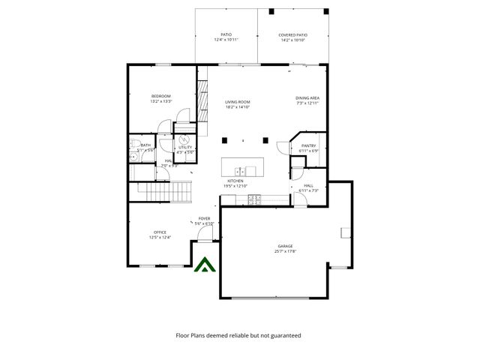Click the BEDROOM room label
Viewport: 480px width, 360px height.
tap(161, 96)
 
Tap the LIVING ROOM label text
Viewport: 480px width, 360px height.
tap(238, 102)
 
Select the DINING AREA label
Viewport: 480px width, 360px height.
tap(307, 98)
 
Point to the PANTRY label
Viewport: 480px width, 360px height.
tap(308, 145)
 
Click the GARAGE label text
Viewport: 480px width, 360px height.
tap(285, 246)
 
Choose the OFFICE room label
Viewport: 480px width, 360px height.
tap(160, 232)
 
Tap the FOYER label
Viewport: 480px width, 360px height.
tap(204, 218)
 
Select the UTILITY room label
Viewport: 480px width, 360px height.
tap(184, 148)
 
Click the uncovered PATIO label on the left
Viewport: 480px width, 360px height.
tap(226, 34)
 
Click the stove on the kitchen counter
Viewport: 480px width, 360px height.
tap(254, 199)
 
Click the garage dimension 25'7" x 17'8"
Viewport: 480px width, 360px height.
tap(285, 252)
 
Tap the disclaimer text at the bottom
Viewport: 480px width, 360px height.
tap(238, 336)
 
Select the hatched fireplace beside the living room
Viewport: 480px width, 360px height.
tap(202, 98)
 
